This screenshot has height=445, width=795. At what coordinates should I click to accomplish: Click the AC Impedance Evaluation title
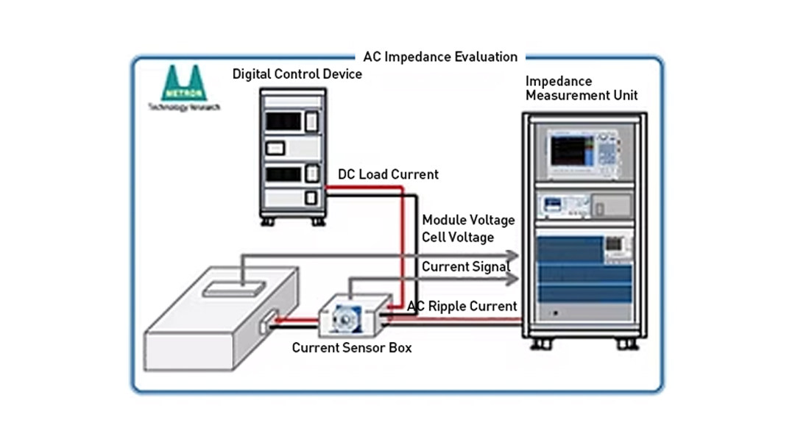[x=440, y=57]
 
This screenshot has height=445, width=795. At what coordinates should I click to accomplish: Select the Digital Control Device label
[x=297, y=74]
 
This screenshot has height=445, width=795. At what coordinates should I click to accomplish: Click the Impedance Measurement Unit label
[x=581, y=88]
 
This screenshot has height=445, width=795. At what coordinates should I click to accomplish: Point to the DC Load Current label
[x=388, y=174]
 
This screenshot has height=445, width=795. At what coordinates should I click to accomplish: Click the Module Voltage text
[x=468, y=221]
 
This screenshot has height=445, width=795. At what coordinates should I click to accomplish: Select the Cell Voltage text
[x=458, y=238]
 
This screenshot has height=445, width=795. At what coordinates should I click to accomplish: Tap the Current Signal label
[x=465, y=267]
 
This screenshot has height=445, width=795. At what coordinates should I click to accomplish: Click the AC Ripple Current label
[x=462, y=306]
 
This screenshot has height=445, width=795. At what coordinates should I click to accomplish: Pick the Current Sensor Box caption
[x=352, y=347]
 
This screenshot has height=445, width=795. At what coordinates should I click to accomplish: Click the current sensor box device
[x=354, y=317]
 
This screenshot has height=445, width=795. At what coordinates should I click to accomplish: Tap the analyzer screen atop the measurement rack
[x=572, y=151]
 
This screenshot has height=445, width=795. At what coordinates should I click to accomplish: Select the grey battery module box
[x=213, y=324]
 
